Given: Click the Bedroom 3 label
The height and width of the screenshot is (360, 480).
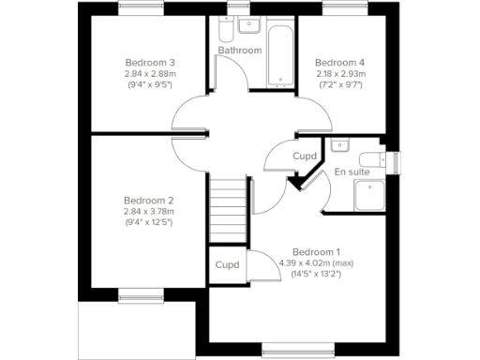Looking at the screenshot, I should [x=150, y=62].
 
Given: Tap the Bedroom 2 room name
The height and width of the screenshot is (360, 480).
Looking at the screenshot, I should [x=150, y=200].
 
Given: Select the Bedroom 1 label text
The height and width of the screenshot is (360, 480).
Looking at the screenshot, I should [x=316, y=251].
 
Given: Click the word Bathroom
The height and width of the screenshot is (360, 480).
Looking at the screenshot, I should [x=239, y=49].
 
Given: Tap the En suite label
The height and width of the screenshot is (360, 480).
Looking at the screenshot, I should [x=352, y=172].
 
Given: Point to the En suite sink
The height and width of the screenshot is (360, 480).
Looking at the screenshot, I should [x=339, y=145].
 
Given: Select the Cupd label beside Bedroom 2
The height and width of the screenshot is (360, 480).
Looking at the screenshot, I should [x=227, y=265].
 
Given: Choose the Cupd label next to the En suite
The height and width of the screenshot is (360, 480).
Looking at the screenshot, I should [x=304, y=156].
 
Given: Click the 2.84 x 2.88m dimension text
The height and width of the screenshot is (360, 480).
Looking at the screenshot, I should [x=150, y=73].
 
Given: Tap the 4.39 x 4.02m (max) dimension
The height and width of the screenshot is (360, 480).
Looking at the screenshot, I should [x=316, y=262].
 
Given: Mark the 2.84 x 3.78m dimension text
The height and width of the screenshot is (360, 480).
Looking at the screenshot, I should [x=150, y=211].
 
